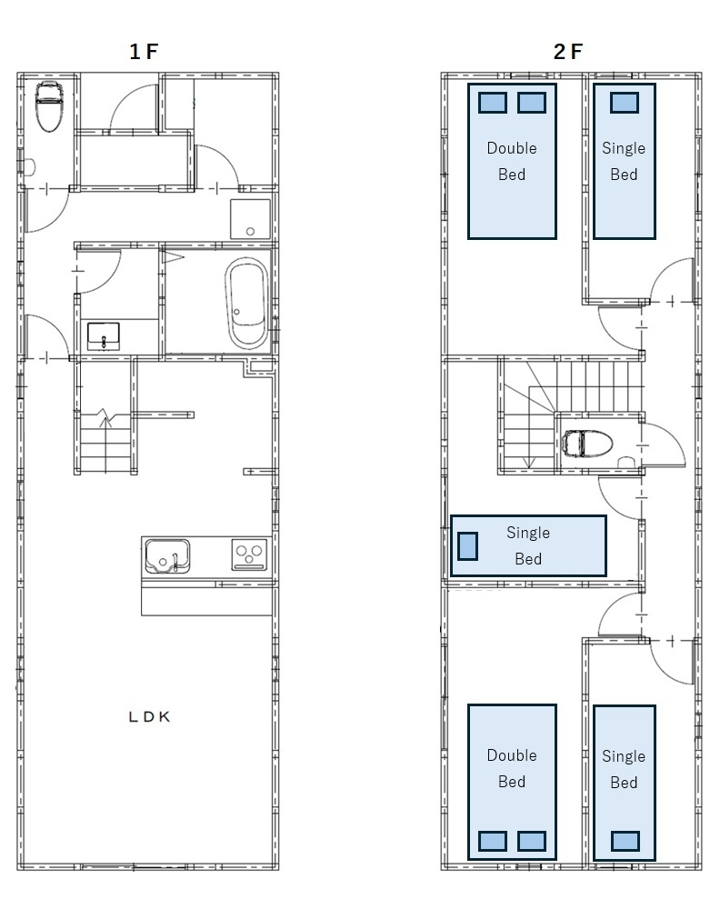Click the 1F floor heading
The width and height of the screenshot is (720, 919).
pyautogui.click(x=144, y=52)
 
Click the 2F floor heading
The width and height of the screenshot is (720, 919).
pyautogui.click(x=567, y=52)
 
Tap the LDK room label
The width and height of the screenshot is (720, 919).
pyautogui.click(x=149, y=716)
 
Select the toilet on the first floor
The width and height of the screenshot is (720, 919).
pyautogui.click(x=49, y=106)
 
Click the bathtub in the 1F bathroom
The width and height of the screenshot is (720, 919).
pyautogui.click(x=247, y=305)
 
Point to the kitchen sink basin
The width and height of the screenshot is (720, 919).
pyautogui.click(x=167, y=556)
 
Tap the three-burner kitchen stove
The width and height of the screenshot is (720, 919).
pyautogui.click(x=249, y=554)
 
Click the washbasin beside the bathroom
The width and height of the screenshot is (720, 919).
pyautogui.click(x=104, y=335)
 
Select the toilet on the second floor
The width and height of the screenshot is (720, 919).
pyautogui.click(x=587, y=443)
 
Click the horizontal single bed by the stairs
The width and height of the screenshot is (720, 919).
pyautogui.click(x=528, y=545)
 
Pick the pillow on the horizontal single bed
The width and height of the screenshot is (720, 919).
pyautogui.click(x=467, y=545)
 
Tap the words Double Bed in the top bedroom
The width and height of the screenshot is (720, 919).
pyautogui.click(x=512, y=161)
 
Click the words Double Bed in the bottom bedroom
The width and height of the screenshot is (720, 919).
pyautogui.click(x=512, y=768)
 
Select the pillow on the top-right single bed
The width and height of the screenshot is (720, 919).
pyautogui.click(x=625, y=103)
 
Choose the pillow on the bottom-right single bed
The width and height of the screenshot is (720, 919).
pyautogui.click(x=625, y=841)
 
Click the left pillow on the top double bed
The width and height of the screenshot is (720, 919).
pyautogui.click(x=493, y=103)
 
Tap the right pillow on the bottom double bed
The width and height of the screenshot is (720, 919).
pyautogui.click(x=532, y=841)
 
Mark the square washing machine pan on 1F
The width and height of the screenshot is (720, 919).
pyautogui.click(x=250, y=219)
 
